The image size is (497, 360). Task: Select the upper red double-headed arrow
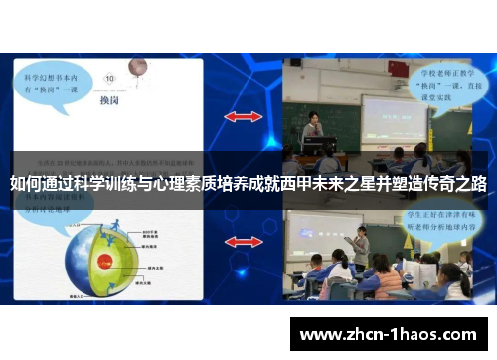pyautogui.click(x=243, y=116)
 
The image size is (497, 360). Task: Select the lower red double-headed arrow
pyautogui.click(x=243, y=242)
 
